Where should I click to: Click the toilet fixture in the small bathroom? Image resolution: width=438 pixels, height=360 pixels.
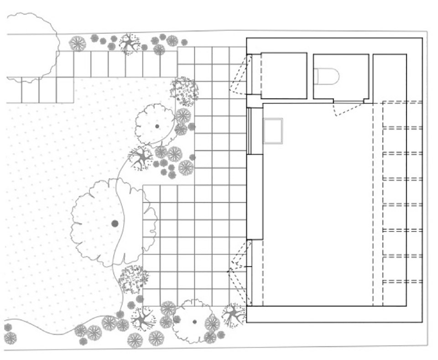pos(327,76)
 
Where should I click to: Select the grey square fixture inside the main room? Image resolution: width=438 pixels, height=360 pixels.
pos(273,131)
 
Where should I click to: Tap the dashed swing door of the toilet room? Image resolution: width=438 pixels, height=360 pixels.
pos(347,109)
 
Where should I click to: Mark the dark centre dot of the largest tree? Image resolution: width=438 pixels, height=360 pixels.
pos(115,223)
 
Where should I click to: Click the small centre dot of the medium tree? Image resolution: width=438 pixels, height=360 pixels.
pos(157,126)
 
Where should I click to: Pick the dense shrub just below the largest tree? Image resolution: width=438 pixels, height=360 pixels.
pos(133,279)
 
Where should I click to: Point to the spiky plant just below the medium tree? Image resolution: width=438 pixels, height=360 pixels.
pos(141,158)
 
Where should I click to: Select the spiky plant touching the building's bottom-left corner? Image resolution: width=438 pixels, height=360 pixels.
pos(235,315)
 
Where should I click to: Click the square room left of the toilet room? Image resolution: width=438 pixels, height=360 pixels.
pos(283,76)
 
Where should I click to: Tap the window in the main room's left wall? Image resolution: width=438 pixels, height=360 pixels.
pos(249,130)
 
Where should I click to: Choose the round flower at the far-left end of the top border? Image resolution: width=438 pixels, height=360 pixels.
pos(78,43)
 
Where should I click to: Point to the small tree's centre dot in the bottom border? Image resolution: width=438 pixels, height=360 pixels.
pos(195,322)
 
